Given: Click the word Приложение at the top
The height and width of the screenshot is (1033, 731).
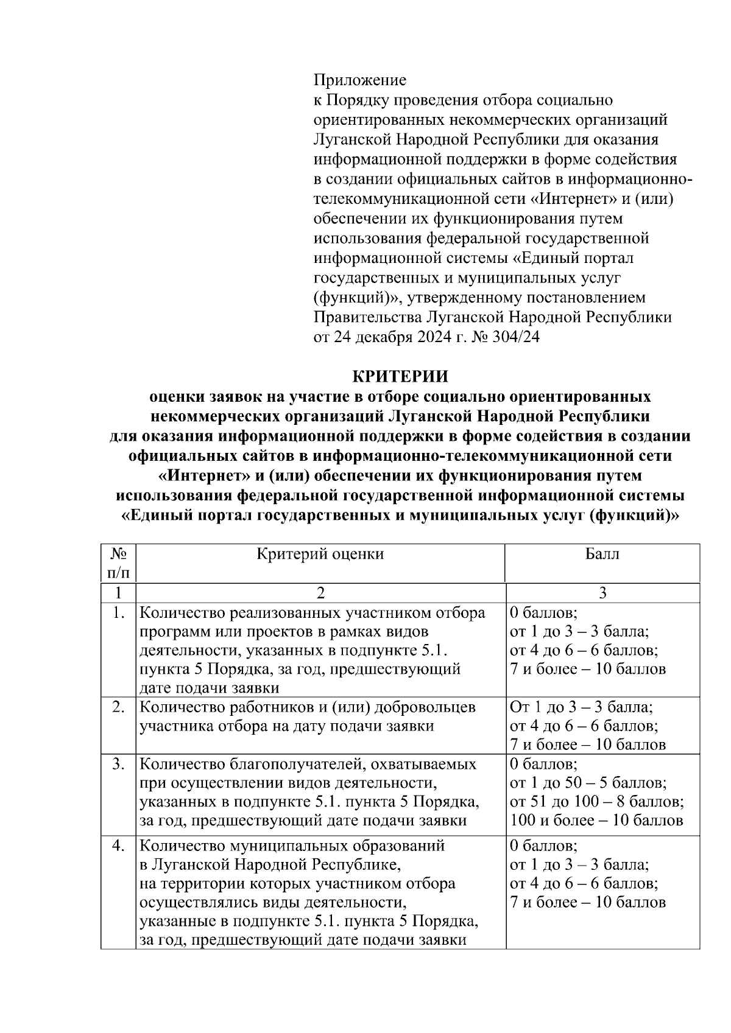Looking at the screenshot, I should coord(359,80).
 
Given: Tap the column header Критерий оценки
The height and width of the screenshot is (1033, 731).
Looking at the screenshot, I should coord(320,554).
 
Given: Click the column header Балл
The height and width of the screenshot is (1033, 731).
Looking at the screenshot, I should coord(602,554).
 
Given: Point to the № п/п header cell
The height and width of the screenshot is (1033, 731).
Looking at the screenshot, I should coord(118,563).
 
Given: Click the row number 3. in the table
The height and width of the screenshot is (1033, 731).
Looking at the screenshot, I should coord(118,763).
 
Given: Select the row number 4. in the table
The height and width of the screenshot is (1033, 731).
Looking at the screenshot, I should coord(118,846).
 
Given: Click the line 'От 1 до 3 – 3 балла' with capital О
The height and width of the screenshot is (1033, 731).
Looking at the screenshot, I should coord(582,707).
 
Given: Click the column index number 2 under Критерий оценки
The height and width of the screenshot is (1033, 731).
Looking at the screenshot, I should coord(320,593).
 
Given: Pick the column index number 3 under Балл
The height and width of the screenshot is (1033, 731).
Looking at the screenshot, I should coord(602,593).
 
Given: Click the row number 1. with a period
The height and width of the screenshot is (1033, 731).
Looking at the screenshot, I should coord(118,612).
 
